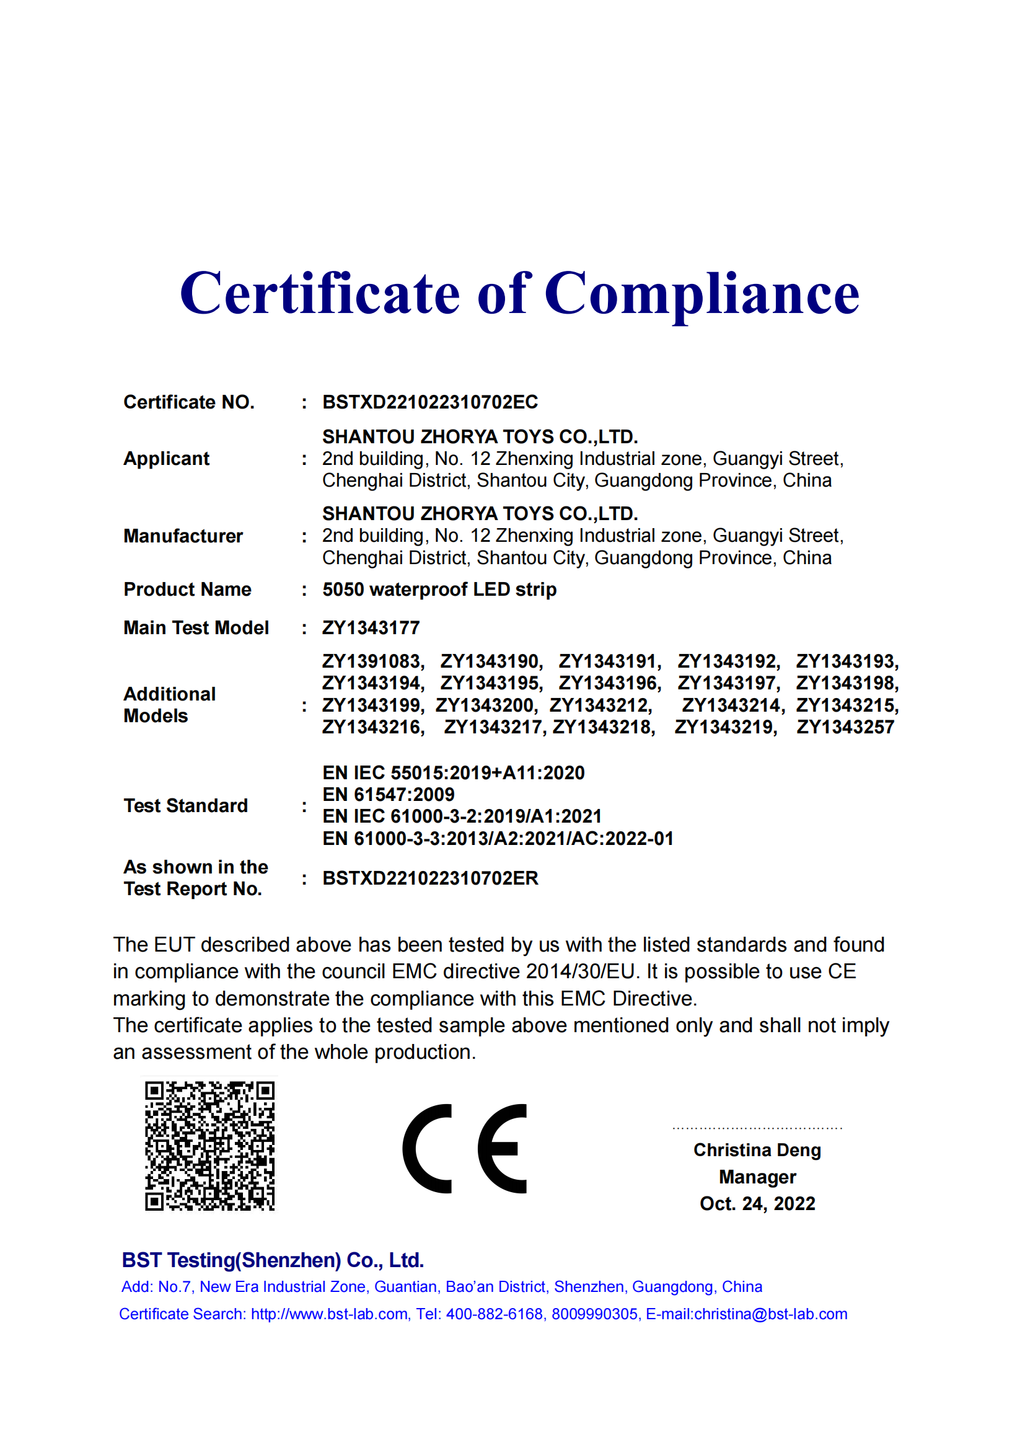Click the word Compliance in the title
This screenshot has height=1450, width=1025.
(x=702, y=294)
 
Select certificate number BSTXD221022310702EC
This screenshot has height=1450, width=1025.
(x=430, y=402)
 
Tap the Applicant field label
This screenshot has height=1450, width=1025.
(x=166, y=459)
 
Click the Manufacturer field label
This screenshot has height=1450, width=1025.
(x=183, y=536)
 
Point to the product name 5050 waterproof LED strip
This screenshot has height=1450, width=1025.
(x=439, y=590)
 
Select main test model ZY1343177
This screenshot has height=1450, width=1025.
(x=371, y=628)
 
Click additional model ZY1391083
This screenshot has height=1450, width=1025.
(x=372, y=661)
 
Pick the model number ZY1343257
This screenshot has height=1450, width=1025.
(x=845, y=727)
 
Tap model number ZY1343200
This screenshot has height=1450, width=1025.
(x=485, y=705)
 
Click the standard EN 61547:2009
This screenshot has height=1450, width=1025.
(x=388, y=795)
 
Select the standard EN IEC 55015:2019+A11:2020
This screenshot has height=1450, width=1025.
(x=453, y=773)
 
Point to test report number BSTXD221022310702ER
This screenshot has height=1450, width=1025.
(x=430, y=878)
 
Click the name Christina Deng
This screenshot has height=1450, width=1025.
(x=757, y=1150)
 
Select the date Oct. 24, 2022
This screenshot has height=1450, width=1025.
(x=757, y=1204)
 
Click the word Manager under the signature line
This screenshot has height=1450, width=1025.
(x=757, y=1177)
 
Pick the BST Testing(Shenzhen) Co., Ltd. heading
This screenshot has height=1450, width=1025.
(x=273, y=1260)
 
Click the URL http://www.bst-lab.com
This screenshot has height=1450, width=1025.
(x=329, y=1314)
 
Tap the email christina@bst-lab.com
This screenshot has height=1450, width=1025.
(x=770, y=1314)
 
